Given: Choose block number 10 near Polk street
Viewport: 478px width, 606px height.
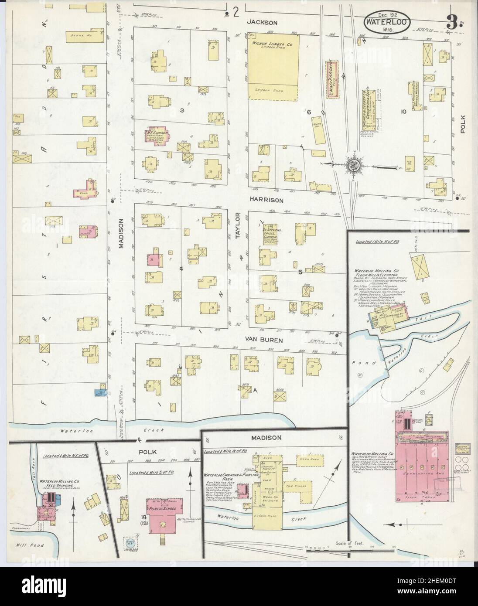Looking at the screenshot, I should [x=403, y=112].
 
